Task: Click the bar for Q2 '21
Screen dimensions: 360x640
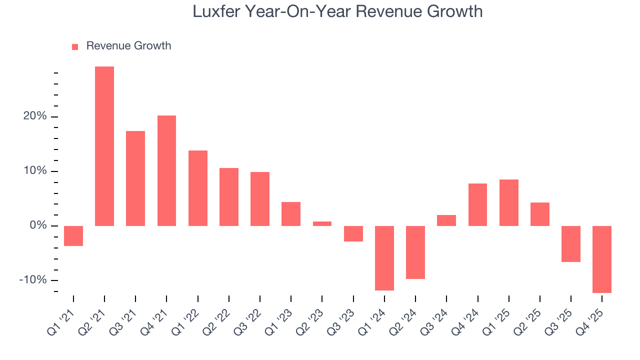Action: (x=104, y=146)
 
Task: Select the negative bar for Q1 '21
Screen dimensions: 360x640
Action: (x=73, y=235)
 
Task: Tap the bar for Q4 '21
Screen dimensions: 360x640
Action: (x=166, y=170)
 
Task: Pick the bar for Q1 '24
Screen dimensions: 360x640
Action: (x=384, y=258)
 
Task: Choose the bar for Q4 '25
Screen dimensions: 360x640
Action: (x=602, y=259)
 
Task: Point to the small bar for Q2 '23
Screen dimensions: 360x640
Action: (x=322, y=223)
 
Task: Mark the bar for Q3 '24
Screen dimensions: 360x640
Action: (x=446, y=220)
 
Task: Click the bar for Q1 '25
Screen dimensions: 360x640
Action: (x=509, y=202)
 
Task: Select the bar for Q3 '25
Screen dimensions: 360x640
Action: (x=571, y=243)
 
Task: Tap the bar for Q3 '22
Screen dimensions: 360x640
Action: (x=260, y=199)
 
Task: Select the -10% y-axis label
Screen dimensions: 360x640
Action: (x=32, y=280)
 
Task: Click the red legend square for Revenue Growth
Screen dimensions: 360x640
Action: (x=75, y=46)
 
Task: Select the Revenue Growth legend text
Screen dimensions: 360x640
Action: (x=128, y=46)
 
